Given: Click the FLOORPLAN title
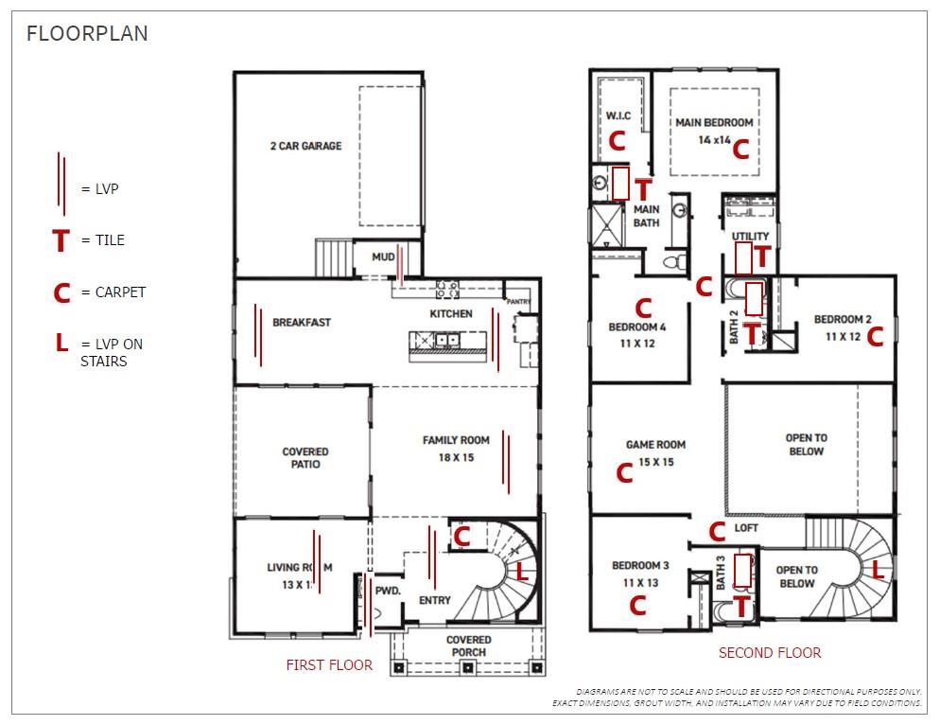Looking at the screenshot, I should point(87,34).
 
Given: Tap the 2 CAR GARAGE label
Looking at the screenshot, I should point(305,147).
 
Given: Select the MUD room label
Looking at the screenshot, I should point(383,256).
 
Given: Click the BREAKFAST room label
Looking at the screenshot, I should point(302,323).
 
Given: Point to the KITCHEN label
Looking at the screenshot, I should point(451,313).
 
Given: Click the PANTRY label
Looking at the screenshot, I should point(519,302).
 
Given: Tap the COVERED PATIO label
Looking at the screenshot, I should point(305,458).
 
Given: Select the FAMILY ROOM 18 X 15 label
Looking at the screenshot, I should point(456,449).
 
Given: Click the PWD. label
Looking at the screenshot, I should point(389,590).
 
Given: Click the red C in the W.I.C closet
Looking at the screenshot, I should point(617,141).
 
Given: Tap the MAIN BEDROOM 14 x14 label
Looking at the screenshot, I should point(714,131).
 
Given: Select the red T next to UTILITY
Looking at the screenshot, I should point(762,256).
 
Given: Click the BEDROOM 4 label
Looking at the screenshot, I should point(637,335).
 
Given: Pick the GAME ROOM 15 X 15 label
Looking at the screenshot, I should point(655,452).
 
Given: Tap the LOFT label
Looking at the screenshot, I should point(747,528).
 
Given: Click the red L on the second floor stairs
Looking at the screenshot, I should point(877,570).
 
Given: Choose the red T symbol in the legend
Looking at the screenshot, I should point(61,242).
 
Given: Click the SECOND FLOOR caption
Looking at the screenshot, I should point(770,653).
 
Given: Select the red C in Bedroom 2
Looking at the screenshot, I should point(875,336).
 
